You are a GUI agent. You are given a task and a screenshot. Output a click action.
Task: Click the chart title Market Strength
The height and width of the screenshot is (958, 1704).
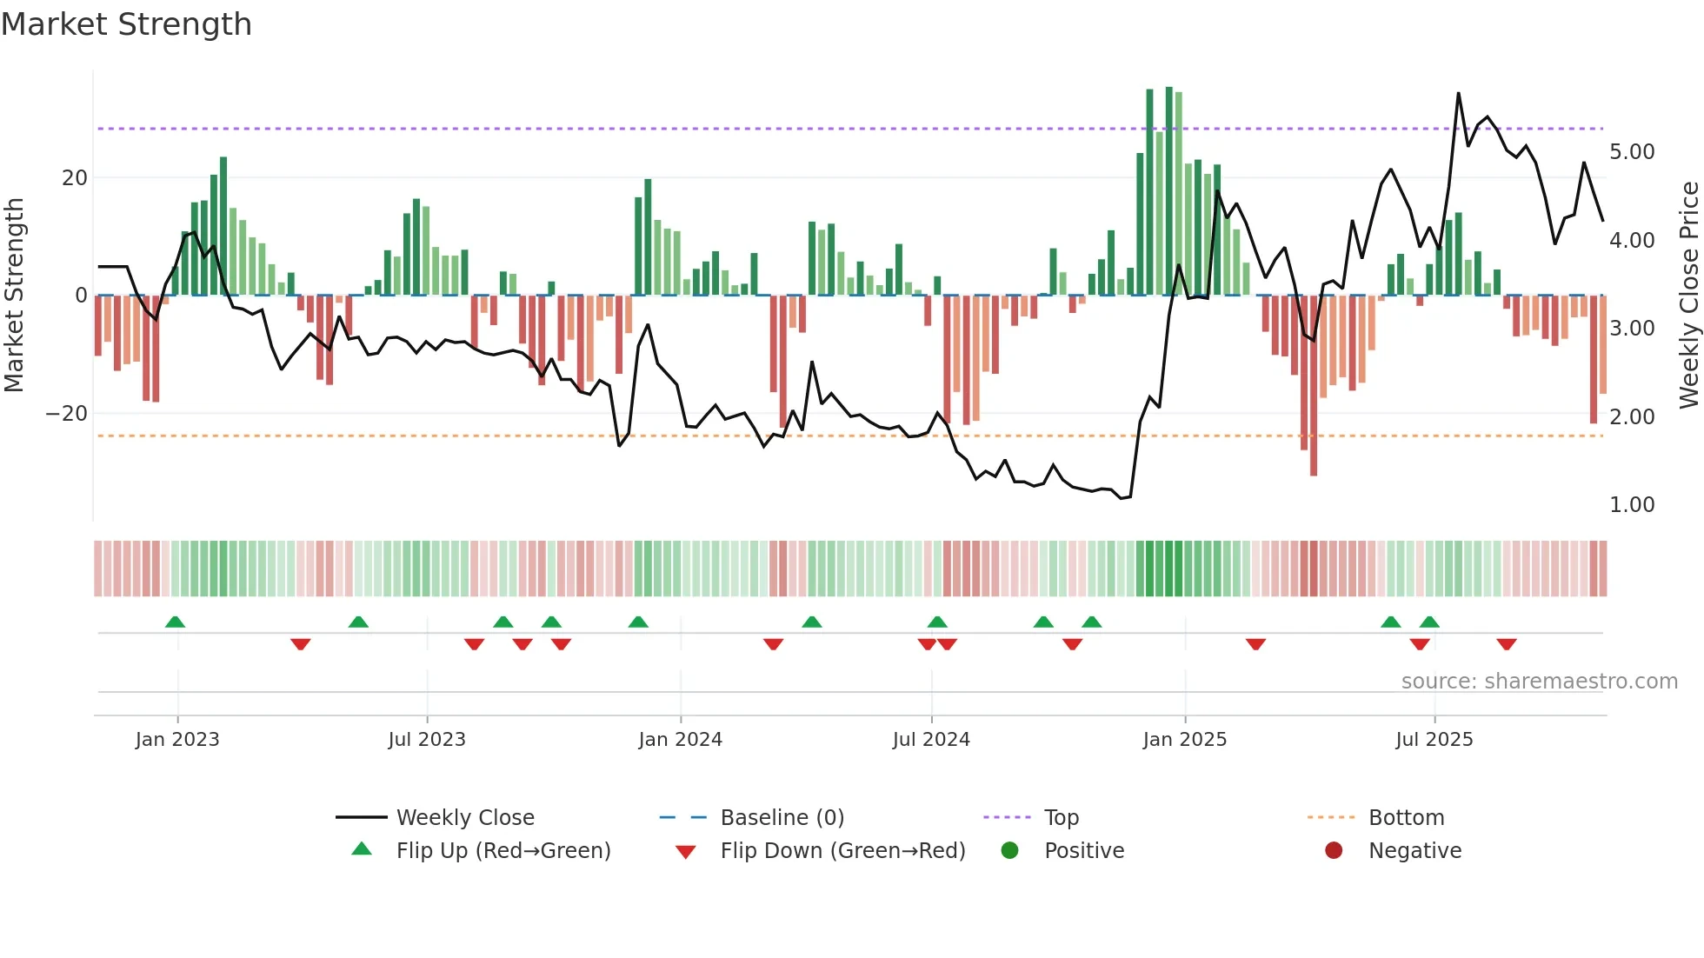(127, 24)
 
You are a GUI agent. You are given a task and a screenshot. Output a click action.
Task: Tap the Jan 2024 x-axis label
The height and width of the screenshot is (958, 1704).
(680, 740)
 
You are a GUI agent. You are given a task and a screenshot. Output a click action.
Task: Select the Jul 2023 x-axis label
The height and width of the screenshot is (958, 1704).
(427, 740)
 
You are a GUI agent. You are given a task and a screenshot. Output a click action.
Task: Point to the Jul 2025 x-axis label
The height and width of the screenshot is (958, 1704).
(1434, 740)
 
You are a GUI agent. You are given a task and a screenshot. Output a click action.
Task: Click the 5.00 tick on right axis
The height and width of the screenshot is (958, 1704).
(1631, 152)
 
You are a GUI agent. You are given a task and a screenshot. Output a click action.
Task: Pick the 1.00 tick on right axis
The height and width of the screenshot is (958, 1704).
(1631, 505)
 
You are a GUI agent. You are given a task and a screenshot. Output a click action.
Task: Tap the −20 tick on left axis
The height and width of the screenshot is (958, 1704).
(67, 414)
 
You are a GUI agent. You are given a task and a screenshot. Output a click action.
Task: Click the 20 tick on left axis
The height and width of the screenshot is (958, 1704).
(75, 178)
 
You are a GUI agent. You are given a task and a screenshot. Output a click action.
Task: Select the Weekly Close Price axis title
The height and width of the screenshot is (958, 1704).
(1688, 296)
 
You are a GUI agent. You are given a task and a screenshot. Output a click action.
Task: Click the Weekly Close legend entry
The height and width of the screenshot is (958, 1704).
(465, 818)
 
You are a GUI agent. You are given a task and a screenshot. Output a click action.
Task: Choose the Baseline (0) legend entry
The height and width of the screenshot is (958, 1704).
(782, 818)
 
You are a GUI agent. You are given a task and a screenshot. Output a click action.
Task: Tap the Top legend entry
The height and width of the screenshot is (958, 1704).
(1061, 818)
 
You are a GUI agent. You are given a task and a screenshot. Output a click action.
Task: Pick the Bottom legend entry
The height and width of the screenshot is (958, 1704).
(1406, 818)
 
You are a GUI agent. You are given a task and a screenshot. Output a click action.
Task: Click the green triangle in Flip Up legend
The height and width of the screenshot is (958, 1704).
(362, 849)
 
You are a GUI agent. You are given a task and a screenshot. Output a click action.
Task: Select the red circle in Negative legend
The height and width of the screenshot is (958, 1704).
(1334, 850)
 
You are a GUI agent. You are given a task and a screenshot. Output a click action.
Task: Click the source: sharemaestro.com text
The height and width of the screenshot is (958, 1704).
(1539, 682)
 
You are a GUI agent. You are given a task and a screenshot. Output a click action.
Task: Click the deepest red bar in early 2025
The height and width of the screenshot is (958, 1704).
(1314, 387)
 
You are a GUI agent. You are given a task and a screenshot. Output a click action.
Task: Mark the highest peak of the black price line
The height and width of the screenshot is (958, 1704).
(1458, 94)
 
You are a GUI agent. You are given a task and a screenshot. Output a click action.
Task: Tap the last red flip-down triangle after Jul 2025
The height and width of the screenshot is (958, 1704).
(1507, 644)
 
